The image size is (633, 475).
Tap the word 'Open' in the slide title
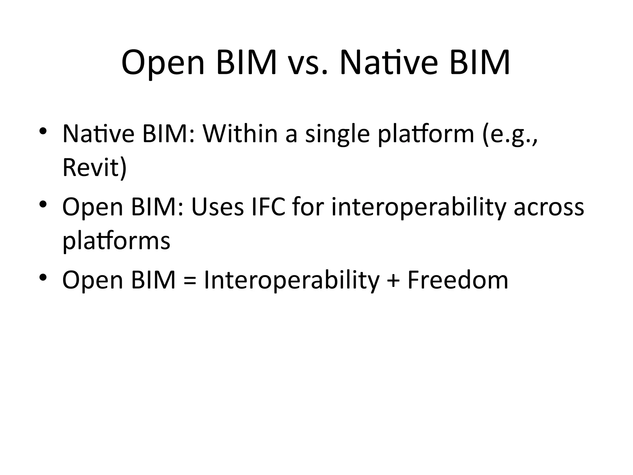[x=163, y=63]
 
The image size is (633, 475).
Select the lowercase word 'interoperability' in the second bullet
[x=419, y=207]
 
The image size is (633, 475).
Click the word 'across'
[x=549, y=207]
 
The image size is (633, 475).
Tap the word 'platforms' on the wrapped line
[x=116, y=241]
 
